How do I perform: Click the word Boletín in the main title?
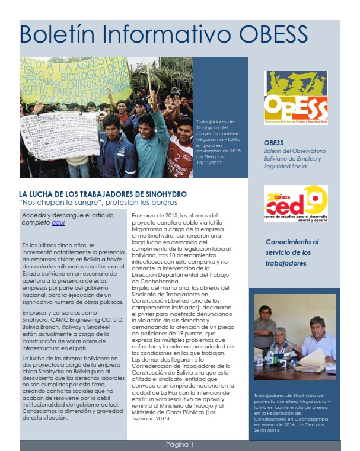click(x=55, y=34)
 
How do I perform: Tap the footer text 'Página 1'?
click(x=180, y=444)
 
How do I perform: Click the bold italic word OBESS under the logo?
click(x=274, y=143)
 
